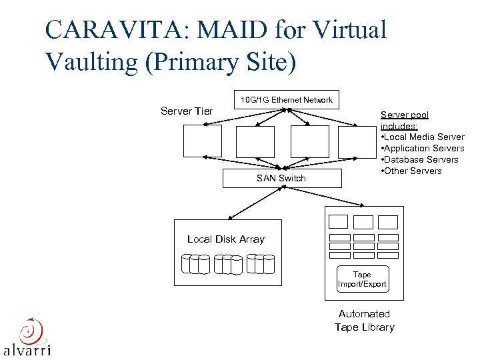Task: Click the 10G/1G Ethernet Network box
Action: (286, 100)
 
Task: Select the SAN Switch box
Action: (281, 178)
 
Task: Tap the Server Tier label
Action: (187, 111)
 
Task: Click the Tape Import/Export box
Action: (362, 279)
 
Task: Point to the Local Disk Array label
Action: (226, 239)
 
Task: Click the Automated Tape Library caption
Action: (364, 320)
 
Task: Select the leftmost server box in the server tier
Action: (203, 141)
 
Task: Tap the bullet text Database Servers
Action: (421, 159)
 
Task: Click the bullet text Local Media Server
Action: (424, 137)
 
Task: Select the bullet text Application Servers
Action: (424, 148)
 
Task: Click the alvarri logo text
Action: (27, 349)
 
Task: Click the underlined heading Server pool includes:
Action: (404, 120)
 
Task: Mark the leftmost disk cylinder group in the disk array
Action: (195, 265)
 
